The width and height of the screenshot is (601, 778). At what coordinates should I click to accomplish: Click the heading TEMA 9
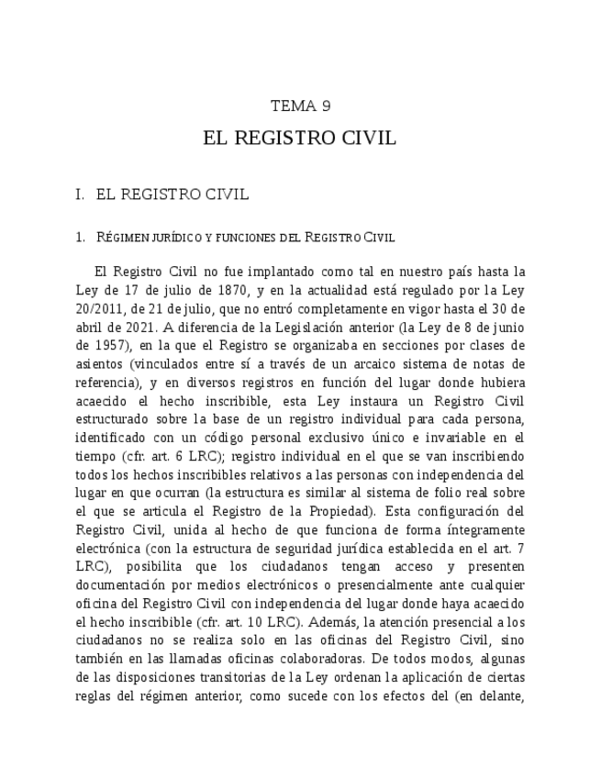300,106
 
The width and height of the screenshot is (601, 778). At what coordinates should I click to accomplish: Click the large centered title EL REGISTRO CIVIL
300,139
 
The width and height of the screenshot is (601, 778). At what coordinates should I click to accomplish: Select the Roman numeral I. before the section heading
81,195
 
